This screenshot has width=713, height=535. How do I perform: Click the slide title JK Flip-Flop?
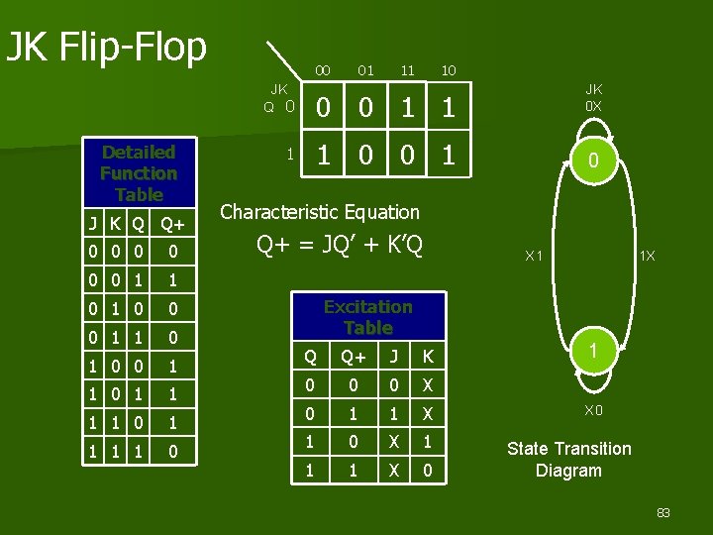click(106, 46)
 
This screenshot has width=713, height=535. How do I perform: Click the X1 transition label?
click(533, 257)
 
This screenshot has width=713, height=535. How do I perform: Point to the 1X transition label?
click(647, 257)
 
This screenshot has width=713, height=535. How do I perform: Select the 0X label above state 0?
click(593, 105)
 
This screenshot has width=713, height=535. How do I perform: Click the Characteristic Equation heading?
click(319, 211)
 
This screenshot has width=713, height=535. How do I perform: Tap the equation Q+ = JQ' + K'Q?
click(340, 244)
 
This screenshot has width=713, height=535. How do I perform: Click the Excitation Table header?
click(367, 317)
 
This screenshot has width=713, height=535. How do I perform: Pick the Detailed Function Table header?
click(138, 173)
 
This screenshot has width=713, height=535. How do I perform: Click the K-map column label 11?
click(407, 70)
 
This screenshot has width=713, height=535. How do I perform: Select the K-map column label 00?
click(322, 70)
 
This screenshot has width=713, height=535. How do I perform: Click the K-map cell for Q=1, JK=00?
click(322, 155)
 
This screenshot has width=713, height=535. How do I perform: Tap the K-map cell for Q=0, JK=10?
click(449, 107)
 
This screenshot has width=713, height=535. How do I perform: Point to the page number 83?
click(662, 512)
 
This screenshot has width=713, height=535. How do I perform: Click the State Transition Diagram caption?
click(568, 460)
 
